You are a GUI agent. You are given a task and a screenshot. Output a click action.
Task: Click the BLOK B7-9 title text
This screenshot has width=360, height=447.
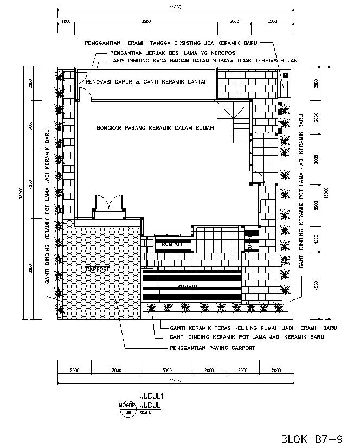[x=311, y=438]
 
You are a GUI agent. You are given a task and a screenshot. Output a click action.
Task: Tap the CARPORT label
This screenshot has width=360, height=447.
[x=97, y=269]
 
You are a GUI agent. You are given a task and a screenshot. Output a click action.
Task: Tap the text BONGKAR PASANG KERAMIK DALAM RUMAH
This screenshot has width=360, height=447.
[x=156, y=128]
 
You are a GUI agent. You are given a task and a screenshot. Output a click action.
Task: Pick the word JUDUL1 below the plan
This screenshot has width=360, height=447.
[x=152, y=396]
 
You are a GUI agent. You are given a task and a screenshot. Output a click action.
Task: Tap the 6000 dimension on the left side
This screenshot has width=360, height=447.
[x=31, y=269]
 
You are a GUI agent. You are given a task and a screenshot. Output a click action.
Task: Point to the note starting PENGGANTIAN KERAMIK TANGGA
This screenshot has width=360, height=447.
[x=170, y=42]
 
